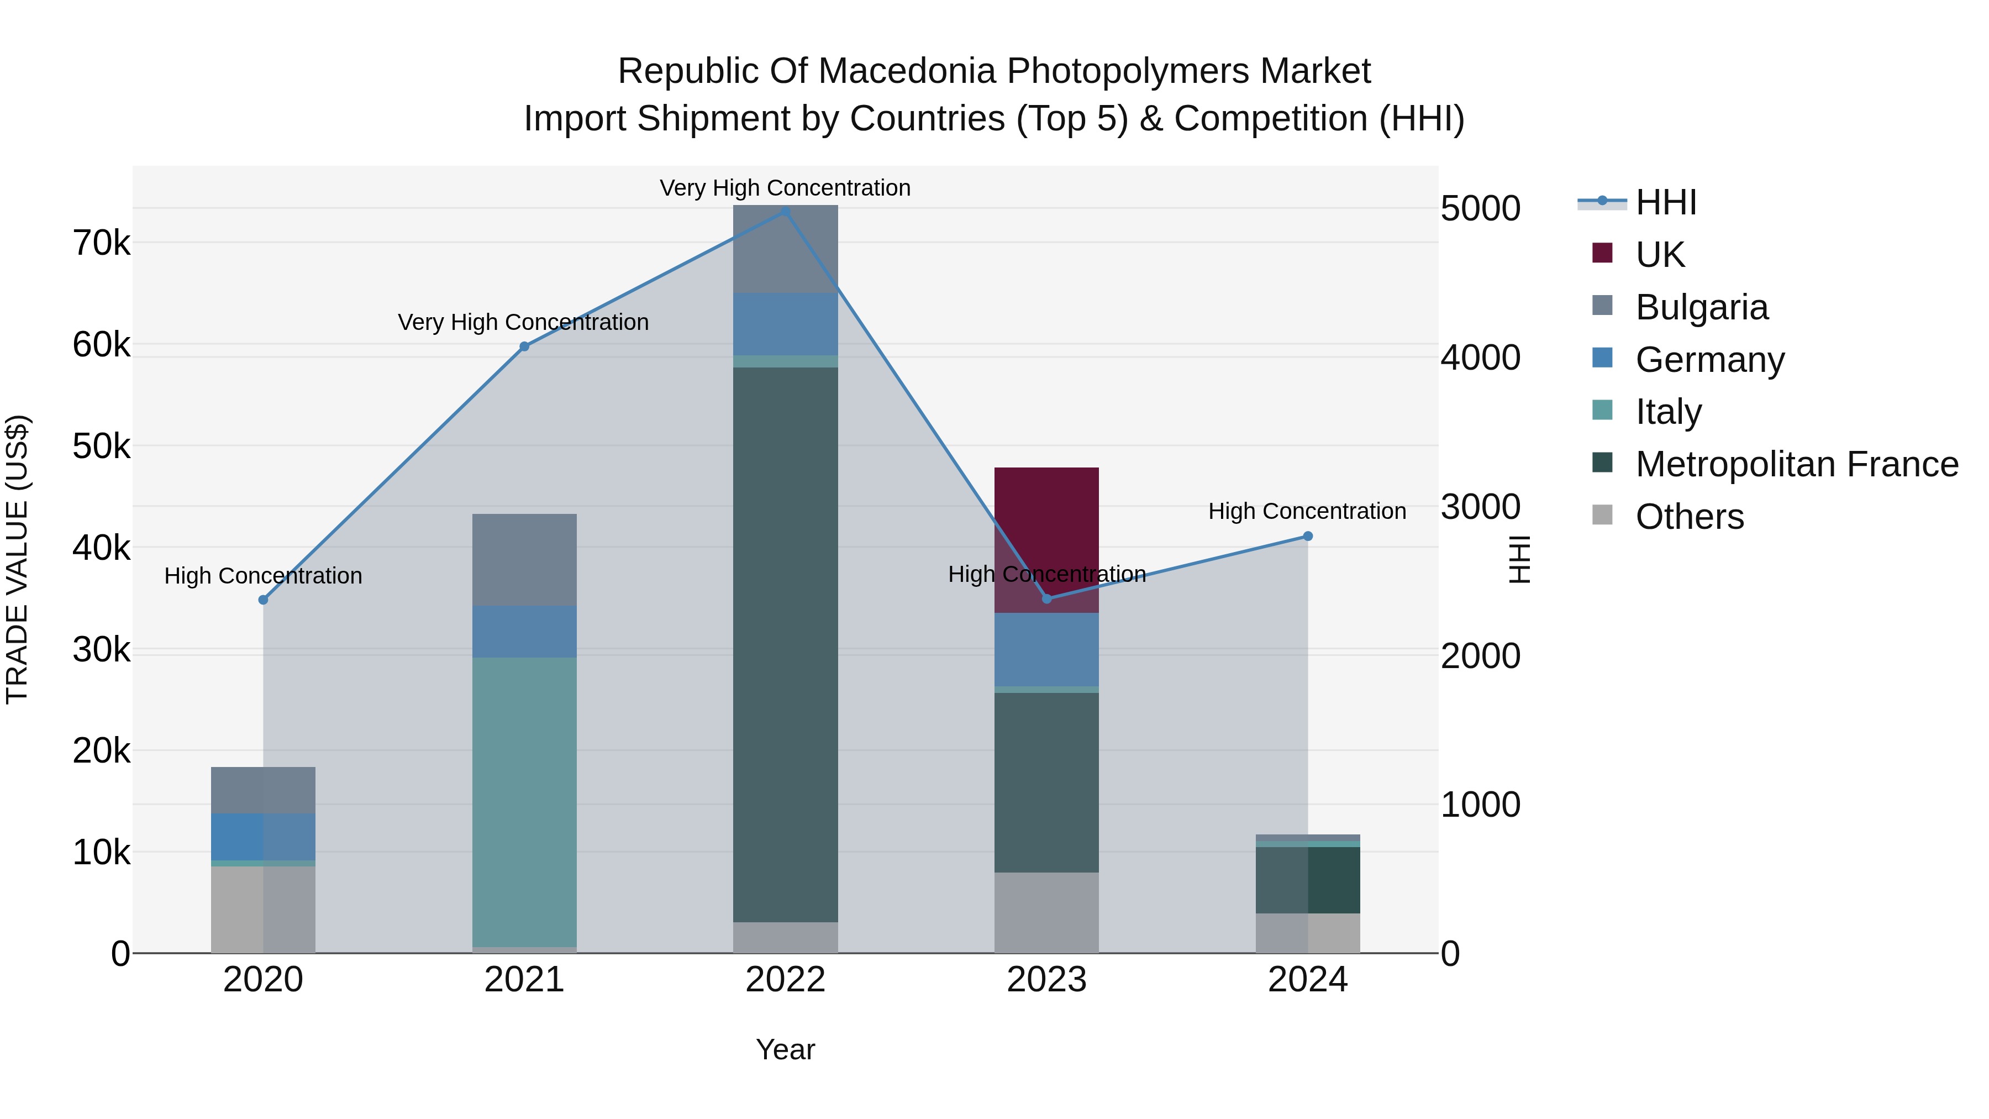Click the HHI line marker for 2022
coord(785,211)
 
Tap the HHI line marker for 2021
coord(524,346)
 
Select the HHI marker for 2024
coord(1307,536)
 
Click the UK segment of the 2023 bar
coord(1046,533)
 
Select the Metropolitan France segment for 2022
coord(785,645)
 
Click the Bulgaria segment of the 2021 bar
coord(524,559)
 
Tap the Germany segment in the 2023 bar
coord(1046,649)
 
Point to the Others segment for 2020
coord(262,909)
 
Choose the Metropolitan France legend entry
coord(1796,464)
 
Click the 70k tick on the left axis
coord(101,243)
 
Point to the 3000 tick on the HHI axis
coord(1480,507)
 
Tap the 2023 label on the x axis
coord(1046,980)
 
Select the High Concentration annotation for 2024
coord(1307,511)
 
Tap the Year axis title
coord(785,1049)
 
